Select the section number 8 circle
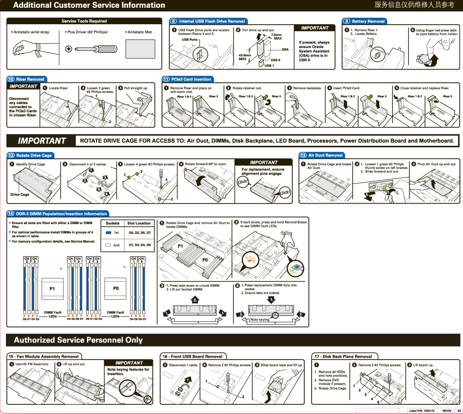[173, 21]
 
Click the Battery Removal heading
[368, 21]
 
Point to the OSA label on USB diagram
[285, 49]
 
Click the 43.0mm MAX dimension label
[245, 57]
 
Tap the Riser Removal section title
[30, 79]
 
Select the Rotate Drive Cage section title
[34, 156]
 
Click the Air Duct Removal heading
[325, 156]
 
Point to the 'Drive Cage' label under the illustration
[20, 194]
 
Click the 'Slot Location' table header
[139, 223]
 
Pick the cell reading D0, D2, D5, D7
[140, 233]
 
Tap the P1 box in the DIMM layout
[53, 289]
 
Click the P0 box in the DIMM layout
[116, 289]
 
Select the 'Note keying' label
[260, 319]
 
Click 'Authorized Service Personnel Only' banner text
[78, 340]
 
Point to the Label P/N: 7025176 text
[422, 411]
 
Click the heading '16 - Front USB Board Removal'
[192, 356]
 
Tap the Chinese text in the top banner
[414, 5]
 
